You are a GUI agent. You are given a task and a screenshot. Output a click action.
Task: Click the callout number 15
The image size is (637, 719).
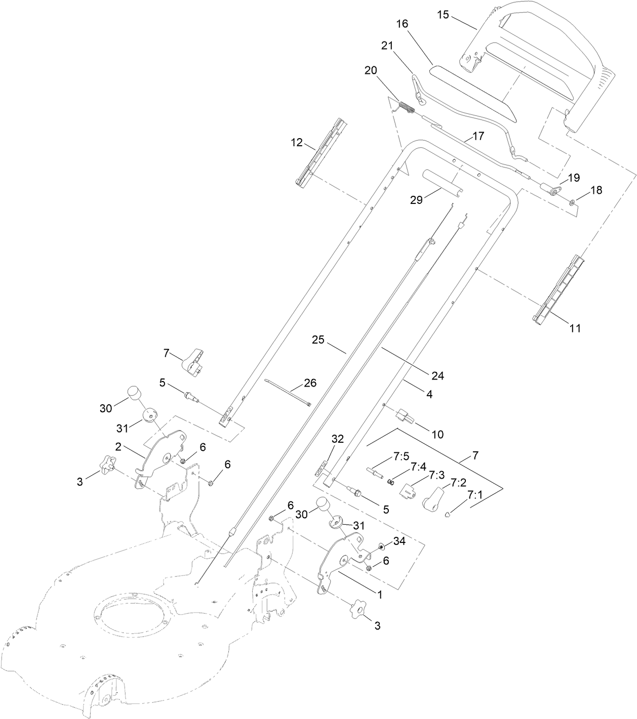(x=443, y=15)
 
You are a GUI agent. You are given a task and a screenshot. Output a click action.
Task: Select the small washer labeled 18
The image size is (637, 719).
(x=572, y=202)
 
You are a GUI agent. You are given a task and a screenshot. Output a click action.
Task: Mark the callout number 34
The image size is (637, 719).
(x=400, y=541)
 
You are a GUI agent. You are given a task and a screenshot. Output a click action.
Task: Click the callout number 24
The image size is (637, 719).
(x=437, y=375)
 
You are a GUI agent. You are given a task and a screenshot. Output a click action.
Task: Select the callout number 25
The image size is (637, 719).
(x=318, y=340)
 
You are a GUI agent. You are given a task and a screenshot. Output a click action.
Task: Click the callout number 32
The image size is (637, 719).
(x=338, y=439)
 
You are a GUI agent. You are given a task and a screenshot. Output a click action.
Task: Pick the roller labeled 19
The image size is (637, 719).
(x=550, y=191)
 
